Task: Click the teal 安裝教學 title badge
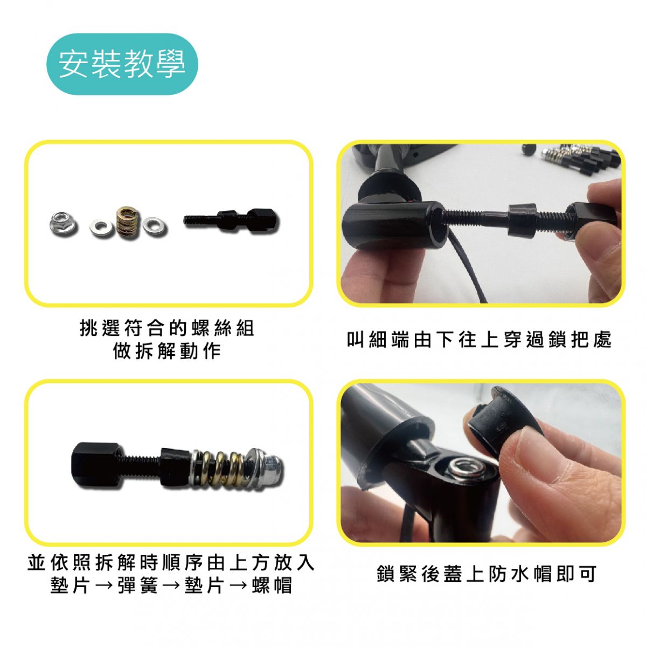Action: tap(122, 64)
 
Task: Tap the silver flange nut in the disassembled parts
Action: tap(62, 223)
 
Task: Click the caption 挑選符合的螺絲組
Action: tap(167, 328)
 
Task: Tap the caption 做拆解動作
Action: tap(167, 352)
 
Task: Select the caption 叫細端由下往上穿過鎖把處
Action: tap(479, 340)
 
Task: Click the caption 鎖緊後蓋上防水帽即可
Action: tap(487, 574)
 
